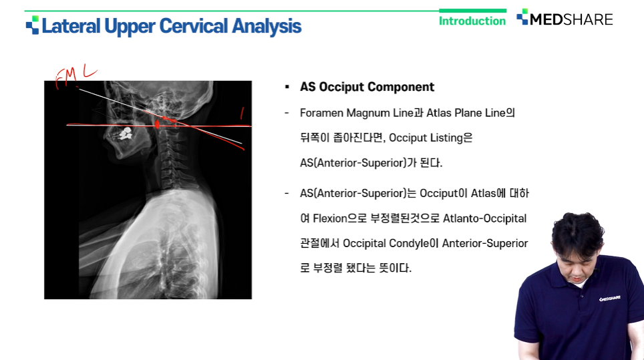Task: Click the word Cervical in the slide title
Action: point(193,26)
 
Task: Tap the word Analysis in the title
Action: point(267,27)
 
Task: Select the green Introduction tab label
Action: point(472,21)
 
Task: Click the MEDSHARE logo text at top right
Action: point(571,19)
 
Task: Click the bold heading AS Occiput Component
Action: point(367,87)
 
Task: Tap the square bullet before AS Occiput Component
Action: point(287,87)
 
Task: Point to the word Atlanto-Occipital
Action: point(484,218)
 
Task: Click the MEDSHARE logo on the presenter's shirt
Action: point(609,299)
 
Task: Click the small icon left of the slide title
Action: point(33,25)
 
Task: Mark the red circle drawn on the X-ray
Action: point(157,124)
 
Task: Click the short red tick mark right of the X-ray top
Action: point(242,114)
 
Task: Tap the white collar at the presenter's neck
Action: point(580,283)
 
